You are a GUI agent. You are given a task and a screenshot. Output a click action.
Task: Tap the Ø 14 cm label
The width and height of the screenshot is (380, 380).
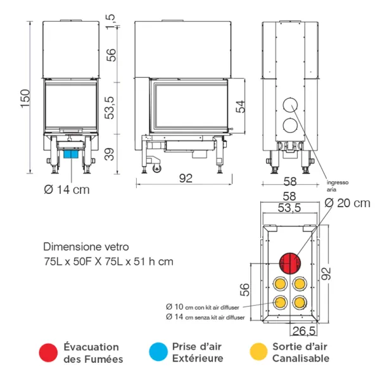tap(66, 189)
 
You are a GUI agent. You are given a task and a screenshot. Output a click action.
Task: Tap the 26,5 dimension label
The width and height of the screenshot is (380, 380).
tap(303, 331)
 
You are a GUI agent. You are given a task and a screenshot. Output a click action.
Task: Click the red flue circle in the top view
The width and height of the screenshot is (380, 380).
tap(291, 262)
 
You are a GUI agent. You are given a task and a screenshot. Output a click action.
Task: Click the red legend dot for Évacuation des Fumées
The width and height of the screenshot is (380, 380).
tap(47, 353)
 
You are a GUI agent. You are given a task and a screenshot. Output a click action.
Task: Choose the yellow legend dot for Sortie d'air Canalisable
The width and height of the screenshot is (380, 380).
tap(257, 353)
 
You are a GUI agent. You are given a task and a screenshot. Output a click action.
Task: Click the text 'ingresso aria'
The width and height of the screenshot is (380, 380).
tap(337, 185)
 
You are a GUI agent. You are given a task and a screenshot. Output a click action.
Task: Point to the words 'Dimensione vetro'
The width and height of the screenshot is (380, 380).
tap(79, 247)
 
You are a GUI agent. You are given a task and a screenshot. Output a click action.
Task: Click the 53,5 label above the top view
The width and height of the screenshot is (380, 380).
tap(289, 208)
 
